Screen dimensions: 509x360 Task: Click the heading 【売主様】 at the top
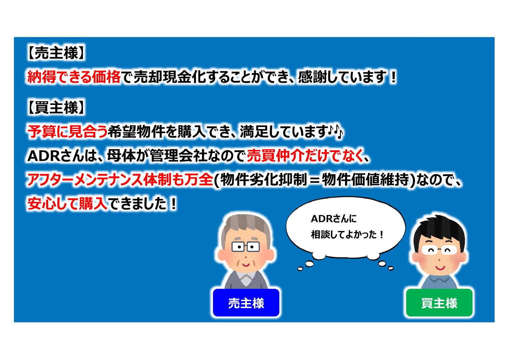point(56,53)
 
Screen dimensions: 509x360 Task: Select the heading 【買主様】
point(56,108)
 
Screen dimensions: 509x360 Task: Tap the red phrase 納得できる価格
point(74,77)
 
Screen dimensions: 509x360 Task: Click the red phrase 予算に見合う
point(67,132)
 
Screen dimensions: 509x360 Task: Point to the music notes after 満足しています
point(335,132)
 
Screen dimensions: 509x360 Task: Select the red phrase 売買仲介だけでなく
point(305,156)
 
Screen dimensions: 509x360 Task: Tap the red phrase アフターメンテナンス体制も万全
point(120,180)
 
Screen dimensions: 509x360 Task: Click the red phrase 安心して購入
point(67,203)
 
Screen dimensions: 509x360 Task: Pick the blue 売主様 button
point(246,303)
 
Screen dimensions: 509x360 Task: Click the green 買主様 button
point(439,303)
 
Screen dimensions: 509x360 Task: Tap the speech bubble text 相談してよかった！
point(347,235)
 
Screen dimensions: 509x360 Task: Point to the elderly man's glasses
point(246,247)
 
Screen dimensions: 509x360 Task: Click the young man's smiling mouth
point(440,268)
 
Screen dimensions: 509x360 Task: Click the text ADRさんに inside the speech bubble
point(333,219)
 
